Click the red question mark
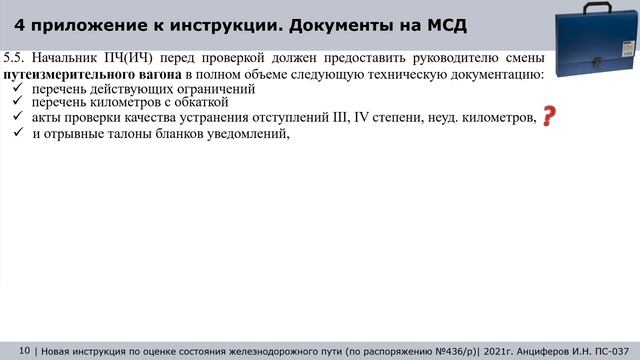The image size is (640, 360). [548, 118]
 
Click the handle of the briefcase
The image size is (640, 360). [592, 6]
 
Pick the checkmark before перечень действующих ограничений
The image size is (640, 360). [16, 89]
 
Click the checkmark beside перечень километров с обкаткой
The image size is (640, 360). [16, 103]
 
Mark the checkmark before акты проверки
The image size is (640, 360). [16, 118]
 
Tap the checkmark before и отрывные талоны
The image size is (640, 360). [16, 136]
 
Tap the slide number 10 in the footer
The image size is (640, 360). [24, 350]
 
